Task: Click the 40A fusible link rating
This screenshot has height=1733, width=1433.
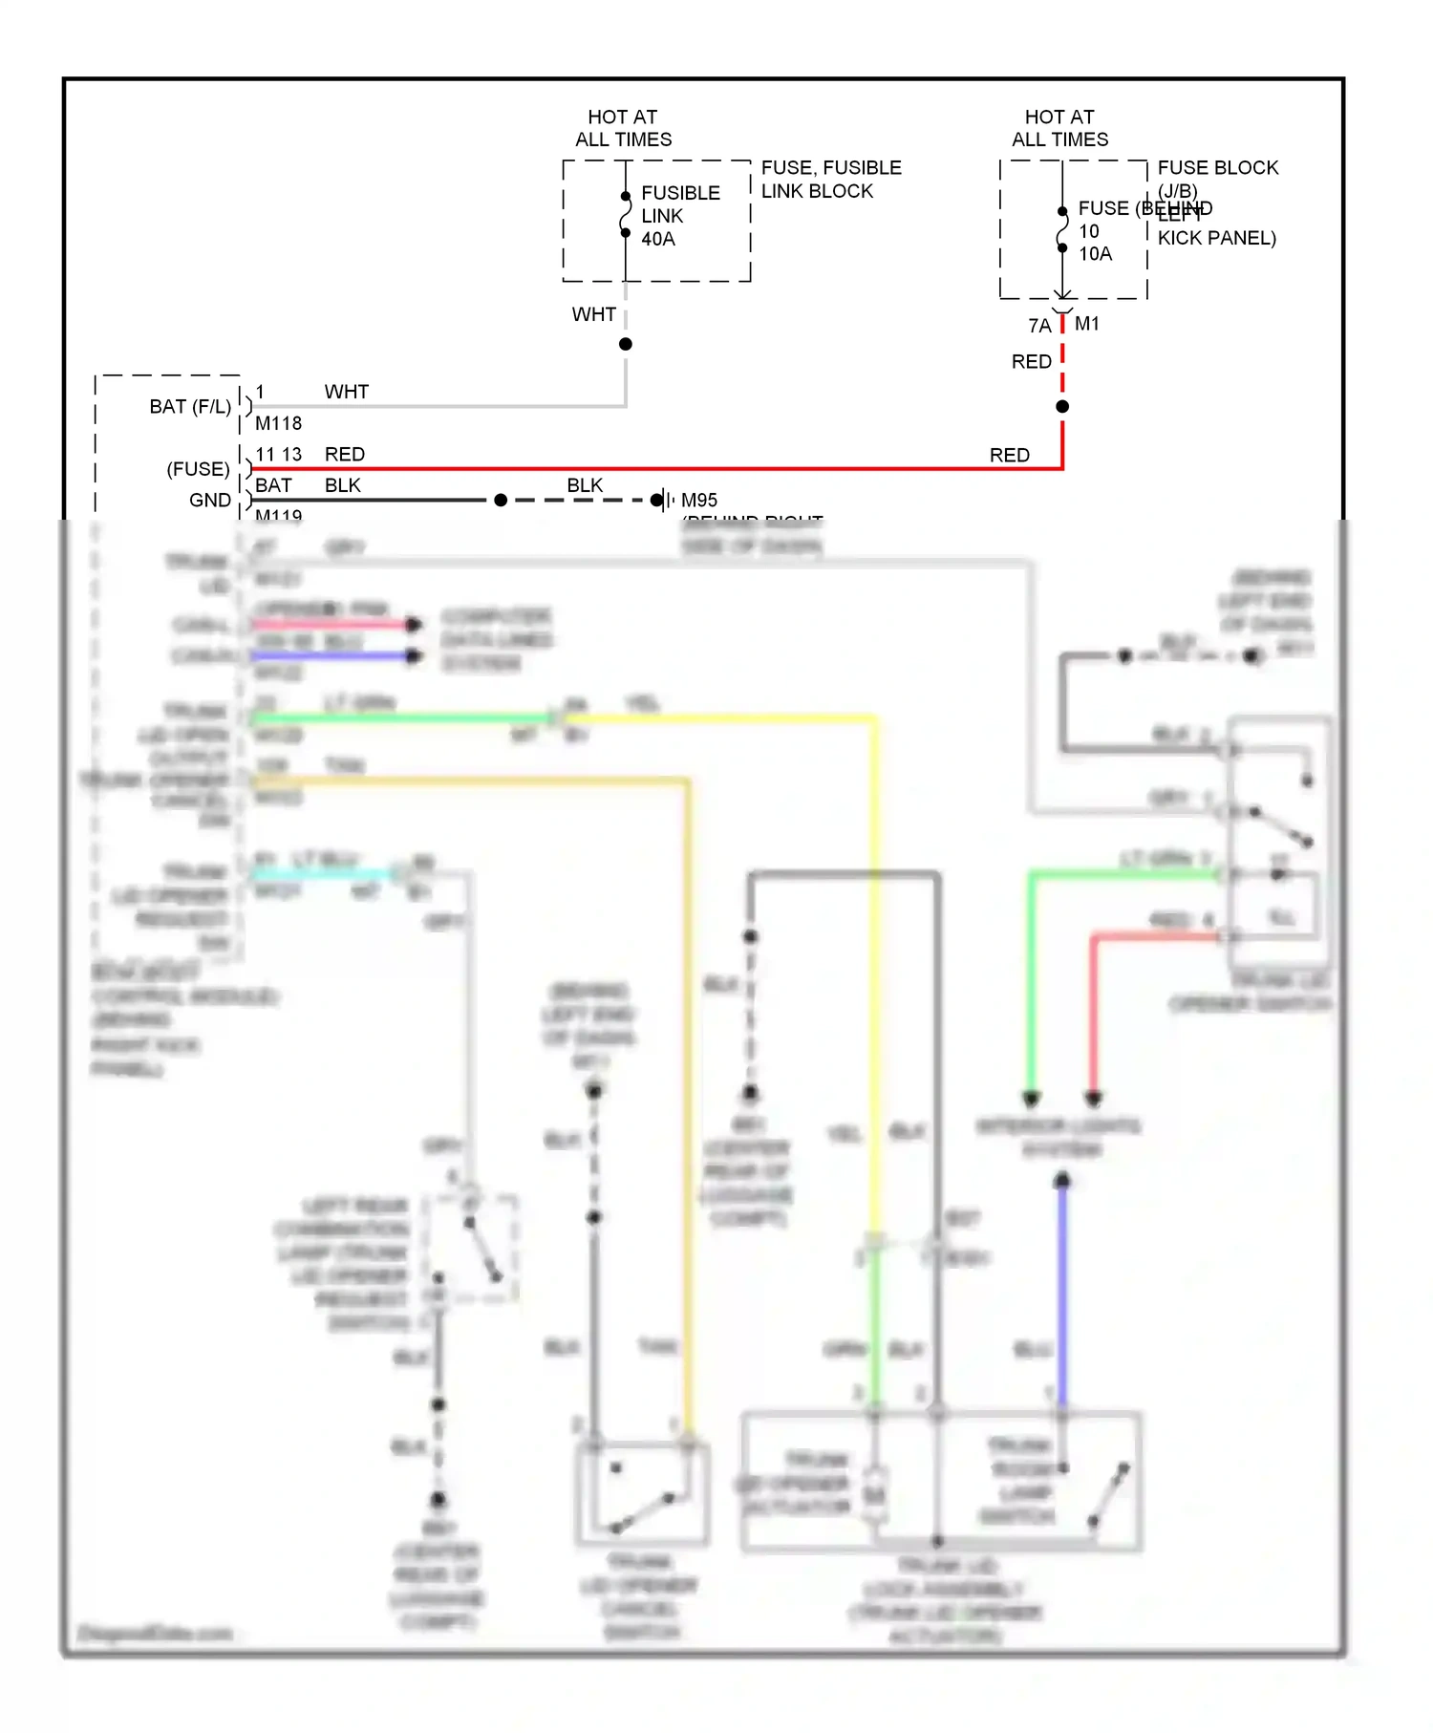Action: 658,239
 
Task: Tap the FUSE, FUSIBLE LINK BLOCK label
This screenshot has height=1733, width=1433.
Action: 830,179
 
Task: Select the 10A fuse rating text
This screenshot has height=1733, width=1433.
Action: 1095,254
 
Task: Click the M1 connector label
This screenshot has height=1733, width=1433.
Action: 1087,324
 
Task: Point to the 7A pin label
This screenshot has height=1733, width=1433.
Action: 1039,326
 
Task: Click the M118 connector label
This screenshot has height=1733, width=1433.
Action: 278,423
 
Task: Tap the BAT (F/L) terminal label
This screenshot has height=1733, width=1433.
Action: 190,407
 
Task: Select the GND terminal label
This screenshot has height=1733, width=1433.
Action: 210,501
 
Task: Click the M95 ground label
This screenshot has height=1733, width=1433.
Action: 699,501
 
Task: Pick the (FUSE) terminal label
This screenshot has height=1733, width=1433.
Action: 199,469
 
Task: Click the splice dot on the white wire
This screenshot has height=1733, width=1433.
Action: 626,344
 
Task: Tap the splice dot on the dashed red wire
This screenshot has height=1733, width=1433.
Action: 1062,407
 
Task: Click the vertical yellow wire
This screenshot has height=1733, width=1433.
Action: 874,955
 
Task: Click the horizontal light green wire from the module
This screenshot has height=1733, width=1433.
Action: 401,717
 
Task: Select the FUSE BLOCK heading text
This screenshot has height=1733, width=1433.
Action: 1217,168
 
